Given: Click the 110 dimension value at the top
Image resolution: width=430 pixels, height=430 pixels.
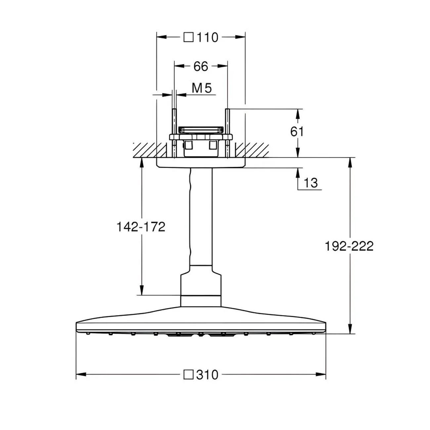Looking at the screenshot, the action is click(207, 37).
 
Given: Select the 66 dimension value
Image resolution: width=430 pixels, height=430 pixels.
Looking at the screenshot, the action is click(200, 66).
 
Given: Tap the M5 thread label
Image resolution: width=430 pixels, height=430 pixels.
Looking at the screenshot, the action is click(202, 88).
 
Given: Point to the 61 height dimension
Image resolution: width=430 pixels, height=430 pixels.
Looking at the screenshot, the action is click(297, 132).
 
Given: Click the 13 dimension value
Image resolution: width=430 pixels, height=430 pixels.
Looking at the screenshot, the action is click(311, 183).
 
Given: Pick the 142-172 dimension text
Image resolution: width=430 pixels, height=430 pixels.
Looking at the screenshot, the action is click(141, 227).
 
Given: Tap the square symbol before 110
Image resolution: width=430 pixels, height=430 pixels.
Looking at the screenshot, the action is click(189, 37).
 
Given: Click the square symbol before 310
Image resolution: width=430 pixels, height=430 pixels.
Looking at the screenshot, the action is click(189, 375).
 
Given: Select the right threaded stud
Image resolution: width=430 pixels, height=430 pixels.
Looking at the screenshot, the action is click(228, 133).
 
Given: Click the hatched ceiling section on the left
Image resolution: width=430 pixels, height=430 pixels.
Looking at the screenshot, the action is click(150, 150).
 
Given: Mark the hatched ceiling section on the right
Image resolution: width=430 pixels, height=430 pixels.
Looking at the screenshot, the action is click(252, 150).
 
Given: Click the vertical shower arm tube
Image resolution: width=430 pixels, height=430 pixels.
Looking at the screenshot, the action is click(201, 216).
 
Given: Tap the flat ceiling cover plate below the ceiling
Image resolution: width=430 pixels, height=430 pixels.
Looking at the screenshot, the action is click(201, 163).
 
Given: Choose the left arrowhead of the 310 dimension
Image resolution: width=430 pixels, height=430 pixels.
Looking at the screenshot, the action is click(81, 375).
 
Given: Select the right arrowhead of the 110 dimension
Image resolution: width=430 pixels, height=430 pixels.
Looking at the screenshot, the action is click(240, 37).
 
